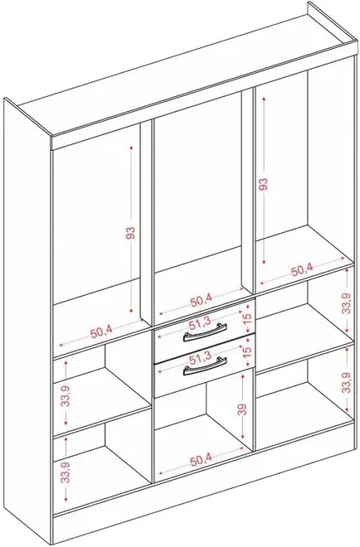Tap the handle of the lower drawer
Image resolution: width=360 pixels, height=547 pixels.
coord(205,365)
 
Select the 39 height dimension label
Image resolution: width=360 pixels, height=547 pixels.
coord(243,409)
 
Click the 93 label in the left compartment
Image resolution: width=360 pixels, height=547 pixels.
coord(130,233)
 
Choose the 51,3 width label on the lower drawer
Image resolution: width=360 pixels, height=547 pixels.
coord(200,356)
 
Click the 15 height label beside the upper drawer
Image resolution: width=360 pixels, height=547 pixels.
coord(247,317)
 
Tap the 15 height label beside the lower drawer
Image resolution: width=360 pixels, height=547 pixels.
coord(247,351)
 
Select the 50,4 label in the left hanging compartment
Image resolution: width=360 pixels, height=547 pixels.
coord(101,332)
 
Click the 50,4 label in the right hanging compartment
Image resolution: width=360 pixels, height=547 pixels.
coord(303,270)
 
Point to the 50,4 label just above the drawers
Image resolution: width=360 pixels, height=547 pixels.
coord(201,300)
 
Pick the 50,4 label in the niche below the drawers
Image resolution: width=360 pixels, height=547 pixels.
coord(202,461)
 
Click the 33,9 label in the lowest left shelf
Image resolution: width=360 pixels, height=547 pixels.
coord(66,472)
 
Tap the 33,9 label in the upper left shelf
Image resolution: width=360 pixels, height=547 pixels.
coord(66,395)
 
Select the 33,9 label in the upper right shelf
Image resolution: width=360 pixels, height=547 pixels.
coord(346,303)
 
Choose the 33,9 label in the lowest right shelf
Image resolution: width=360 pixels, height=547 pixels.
coord(346,382)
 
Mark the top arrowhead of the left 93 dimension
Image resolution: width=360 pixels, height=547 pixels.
coord(131,148)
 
